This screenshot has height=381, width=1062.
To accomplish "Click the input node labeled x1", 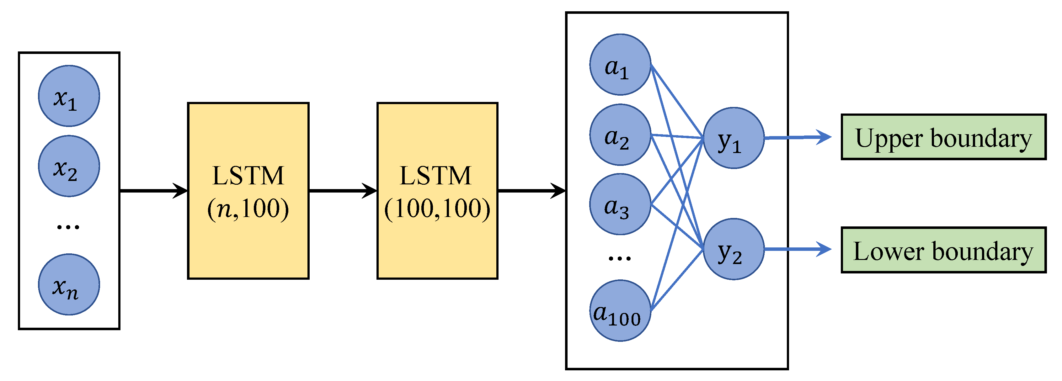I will coord(69,96).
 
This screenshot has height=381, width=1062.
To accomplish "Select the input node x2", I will coord(69,166).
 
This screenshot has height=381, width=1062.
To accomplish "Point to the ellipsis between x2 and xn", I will coord(68,226).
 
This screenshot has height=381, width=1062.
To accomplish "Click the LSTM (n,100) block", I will coord(248,191).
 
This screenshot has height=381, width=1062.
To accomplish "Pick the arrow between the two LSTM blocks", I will coord(343,191).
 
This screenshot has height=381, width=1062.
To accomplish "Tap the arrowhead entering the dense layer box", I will coord(559,191).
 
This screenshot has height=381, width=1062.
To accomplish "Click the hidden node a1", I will coord(620,65).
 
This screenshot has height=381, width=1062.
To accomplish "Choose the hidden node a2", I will coord(620,135).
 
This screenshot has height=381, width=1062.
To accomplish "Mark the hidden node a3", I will coord(620,204).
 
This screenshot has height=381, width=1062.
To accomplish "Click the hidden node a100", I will coord(620,310).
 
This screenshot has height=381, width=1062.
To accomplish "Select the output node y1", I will coord(734,138).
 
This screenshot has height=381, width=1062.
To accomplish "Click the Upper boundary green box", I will coord(944,137).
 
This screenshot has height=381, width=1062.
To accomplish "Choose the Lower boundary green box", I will coord(944,250).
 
